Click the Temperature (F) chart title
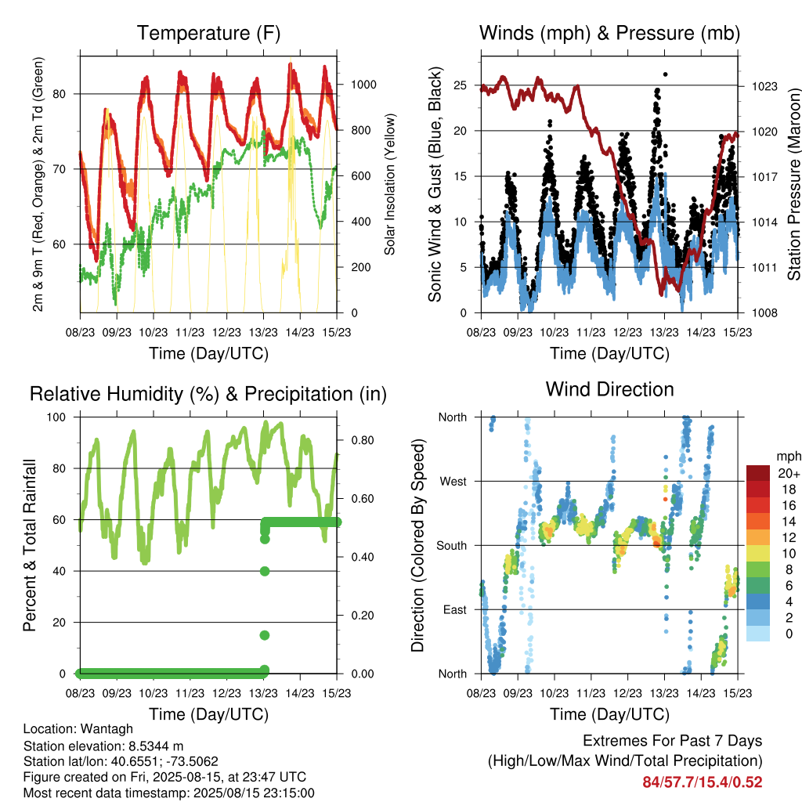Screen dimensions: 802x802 point(208,33)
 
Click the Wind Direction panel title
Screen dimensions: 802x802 point(609,389)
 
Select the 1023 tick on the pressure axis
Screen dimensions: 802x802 point(764,86)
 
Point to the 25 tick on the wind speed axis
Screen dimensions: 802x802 point(460,85)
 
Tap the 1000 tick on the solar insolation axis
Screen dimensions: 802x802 point(363,85)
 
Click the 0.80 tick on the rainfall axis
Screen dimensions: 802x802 point(363,440)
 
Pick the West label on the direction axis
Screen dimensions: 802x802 point(453,482)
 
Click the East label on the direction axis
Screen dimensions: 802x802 point(455,609)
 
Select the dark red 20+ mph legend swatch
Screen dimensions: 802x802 point(758,473)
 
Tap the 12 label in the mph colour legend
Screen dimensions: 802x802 point(789,537)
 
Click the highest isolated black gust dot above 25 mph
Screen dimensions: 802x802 point(665,74)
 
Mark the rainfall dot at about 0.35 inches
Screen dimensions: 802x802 point(265,571)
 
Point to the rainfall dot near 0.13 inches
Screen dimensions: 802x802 point(265,635)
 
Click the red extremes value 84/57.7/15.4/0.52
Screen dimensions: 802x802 point(703,782)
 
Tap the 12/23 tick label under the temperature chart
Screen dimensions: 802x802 point(226,332)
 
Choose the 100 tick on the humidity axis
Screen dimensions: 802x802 point(56,417)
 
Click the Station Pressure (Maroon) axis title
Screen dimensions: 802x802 point(793,184)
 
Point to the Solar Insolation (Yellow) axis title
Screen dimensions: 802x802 point(390,184)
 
